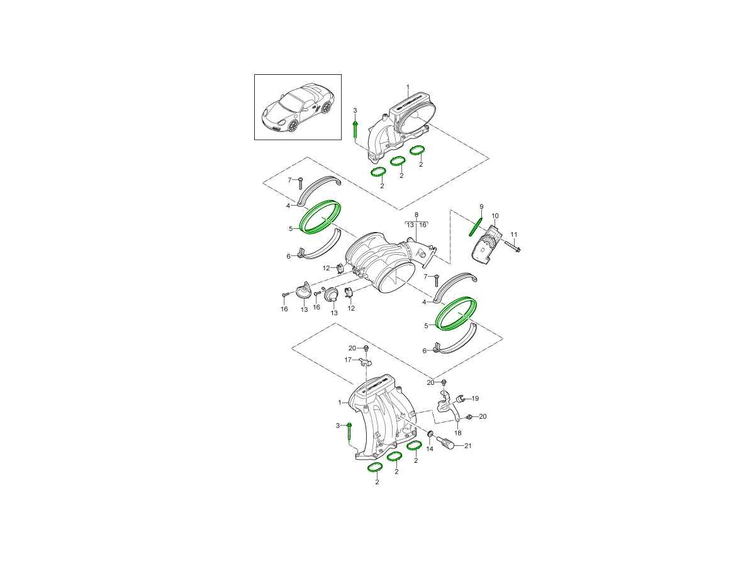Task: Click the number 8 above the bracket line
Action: (417, 215)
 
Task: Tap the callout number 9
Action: (481, 206)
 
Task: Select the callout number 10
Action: (495, 216)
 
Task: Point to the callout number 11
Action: (514, 235)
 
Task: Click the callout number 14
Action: (430, 449)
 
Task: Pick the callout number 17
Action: (348, 360)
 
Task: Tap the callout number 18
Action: (458, 433)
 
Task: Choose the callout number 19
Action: (475, 399)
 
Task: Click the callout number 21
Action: (468, 446)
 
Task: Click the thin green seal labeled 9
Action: (476, 227)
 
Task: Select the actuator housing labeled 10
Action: (488, 246)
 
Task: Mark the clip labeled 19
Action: (461, 399)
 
